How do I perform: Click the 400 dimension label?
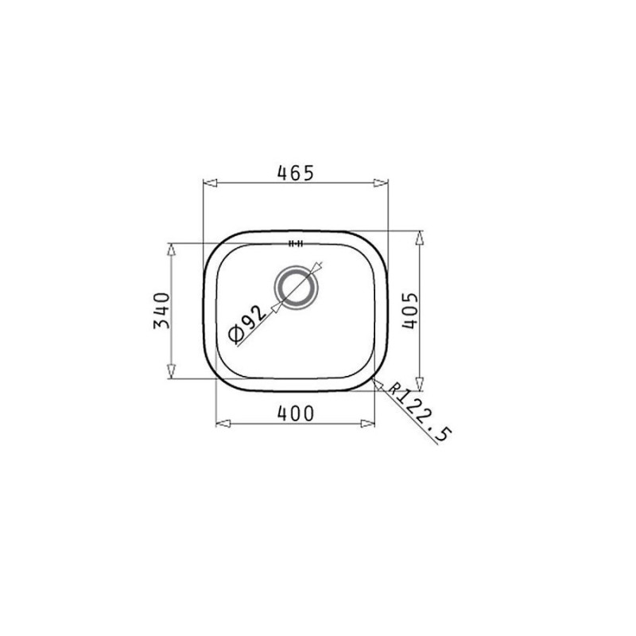tap(296, 413)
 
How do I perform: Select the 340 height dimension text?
tap(161, 310)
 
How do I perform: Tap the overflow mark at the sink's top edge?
tap(297, 243)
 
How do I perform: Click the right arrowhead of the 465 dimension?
tap(382, 184)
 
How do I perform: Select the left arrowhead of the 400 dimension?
tap(223, 423)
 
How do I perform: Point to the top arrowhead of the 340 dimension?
tap(170, 250)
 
